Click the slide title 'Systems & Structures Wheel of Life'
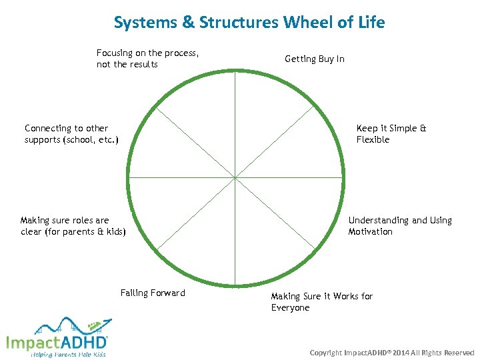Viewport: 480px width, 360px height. point(249,22)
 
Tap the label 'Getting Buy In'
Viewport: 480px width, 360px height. point(315,59)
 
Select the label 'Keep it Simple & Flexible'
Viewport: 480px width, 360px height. point(391,134)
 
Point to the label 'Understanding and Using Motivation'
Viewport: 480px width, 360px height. point(399,226)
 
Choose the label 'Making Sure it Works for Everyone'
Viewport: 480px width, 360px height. point(321,302)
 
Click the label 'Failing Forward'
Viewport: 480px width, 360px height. point(153,293)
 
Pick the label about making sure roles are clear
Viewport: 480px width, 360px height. point(73,226)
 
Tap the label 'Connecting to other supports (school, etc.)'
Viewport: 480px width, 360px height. point(71,134)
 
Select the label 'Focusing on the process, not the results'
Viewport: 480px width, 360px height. point(148,59)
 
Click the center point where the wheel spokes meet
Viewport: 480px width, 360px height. point(235,177)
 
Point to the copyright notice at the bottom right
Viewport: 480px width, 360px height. point(392,352)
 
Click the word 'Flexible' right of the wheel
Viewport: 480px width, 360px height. point(373,140)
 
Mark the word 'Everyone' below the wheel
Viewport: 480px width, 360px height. point(290,308)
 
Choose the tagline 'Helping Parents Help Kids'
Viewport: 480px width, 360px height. point(68,354)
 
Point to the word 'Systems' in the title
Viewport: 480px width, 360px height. point(145,23)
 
